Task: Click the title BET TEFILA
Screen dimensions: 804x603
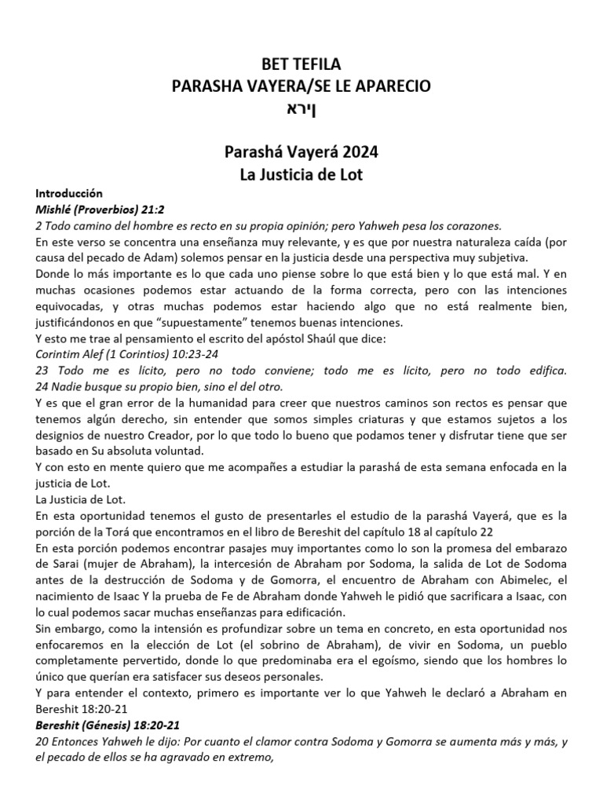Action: click(301, 65)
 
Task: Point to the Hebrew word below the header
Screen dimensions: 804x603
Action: click(301, 108)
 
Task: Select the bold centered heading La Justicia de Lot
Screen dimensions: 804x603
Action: click(301, 174)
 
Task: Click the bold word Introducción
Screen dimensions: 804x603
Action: click(69, 194)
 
